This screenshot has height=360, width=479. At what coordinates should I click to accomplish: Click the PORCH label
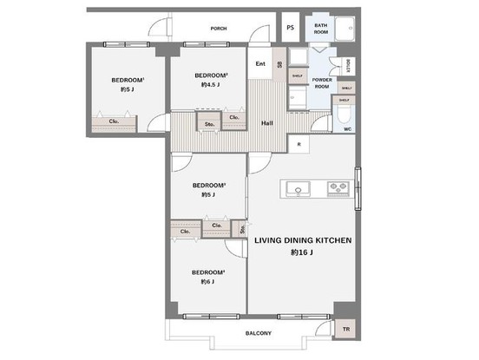[x=219, y=29]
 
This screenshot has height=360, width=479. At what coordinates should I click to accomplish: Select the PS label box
[x=290, y=28]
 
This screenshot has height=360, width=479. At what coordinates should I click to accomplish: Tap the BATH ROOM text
[x=321, y=29]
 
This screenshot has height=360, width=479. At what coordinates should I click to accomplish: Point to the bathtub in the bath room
[x=344, y=28]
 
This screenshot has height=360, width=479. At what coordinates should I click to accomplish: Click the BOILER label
[x=346, y=65]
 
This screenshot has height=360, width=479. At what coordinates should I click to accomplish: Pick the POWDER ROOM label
[x=321, y=83]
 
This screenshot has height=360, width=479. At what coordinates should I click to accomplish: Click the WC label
[x=346, y=129]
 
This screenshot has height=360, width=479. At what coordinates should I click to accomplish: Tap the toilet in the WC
[x=344, y=114]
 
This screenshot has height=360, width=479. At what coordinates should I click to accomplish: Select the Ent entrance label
[x=260, y=63]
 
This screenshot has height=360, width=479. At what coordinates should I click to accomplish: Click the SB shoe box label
[x=279, y=65]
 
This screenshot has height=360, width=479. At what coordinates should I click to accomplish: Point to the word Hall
[x=267, y=123]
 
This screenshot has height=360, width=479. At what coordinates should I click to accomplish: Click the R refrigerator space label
[x=299, y=144]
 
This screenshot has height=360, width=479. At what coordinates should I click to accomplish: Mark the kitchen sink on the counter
[x=298, y=189]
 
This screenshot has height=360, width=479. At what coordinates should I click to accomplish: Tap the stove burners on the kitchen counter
[x=337, y=189]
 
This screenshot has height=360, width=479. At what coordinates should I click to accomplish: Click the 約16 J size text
[x=302, y=252]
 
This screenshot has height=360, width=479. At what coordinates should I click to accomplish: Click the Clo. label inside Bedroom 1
[x=114, y=121]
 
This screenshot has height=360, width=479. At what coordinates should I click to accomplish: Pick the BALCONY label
[x=259, y=334]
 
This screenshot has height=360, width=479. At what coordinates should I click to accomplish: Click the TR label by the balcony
[x=345, y=330]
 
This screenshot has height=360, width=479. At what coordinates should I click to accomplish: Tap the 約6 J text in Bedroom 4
[x=207, y=282]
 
